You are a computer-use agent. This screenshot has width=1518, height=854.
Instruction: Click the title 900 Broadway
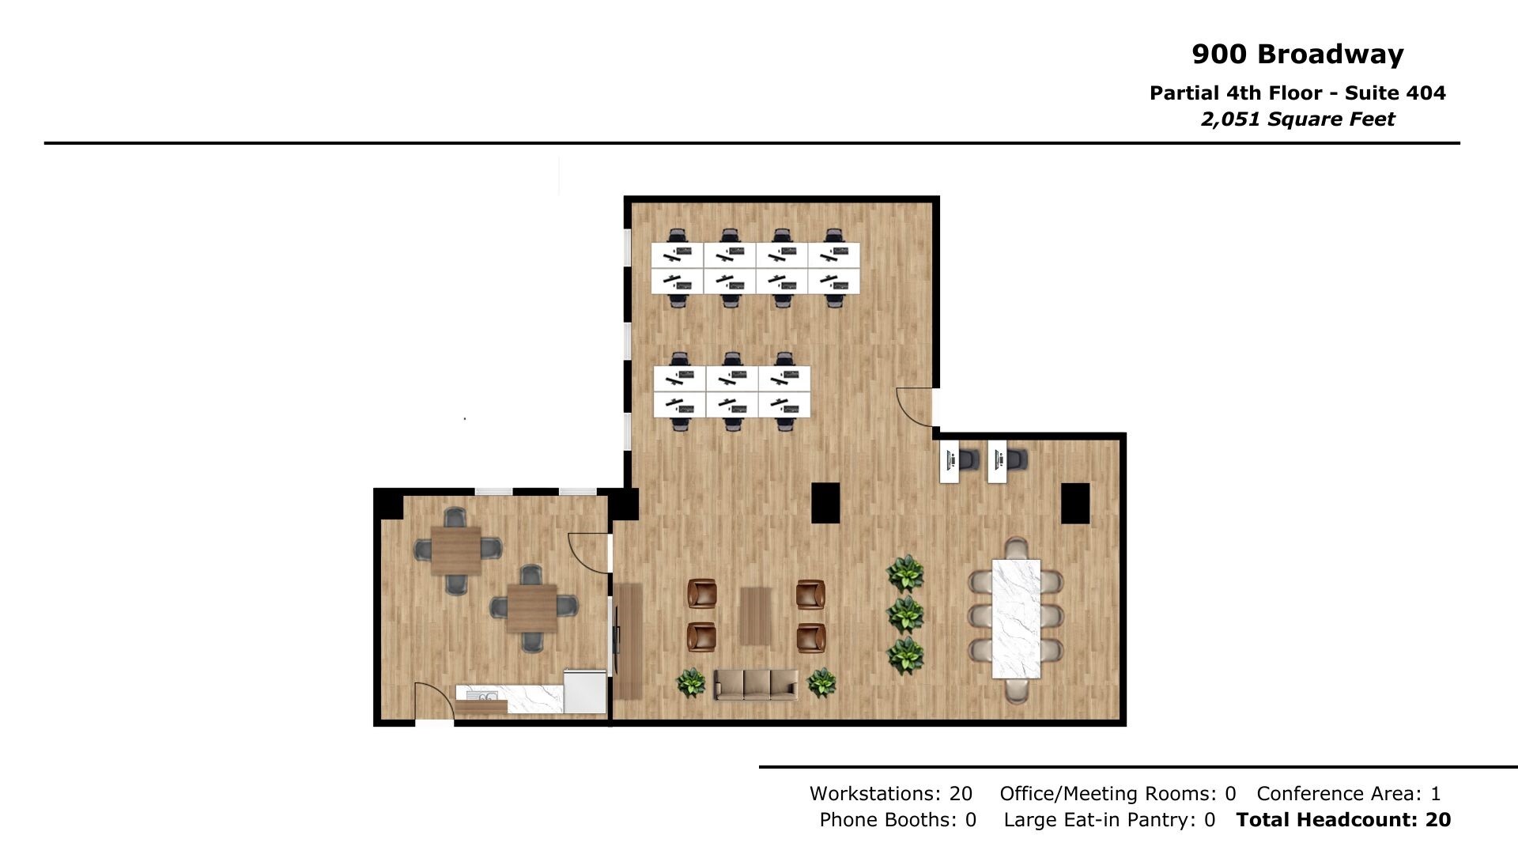click(x=1297, y=54)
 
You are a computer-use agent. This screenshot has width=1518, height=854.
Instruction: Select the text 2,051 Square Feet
click(x=1297, y=119)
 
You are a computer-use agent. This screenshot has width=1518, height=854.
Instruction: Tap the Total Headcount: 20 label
click(x=1343, y=820)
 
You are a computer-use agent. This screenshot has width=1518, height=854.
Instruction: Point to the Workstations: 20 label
click(x=890, y=793)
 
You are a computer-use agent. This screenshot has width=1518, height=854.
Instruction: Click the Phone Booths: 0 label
click(x=897, y=820)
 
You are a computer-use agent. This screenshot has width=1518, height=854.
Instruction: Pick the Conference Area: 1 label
click(x=1348, y=793)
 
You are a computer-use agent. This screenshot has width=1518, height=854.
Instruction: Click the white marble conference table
click(x=1016, y=619)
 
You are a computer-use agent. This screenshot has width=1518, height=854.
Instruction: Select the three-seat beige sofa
click(x=755, y=684)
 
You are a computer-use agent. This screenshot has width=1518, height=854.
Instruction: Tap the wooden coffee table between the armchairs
click(x=756, y=616)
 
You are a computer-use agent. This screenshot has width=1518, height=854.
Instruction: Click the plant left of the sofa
click(x=691, y=683)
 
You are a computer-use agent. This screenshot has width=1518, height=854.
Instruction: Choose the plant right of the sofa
click(x=821, y=683)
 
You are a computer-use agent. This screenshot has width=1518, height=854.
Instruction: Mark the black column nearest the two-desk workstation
click(x=1074, y=504)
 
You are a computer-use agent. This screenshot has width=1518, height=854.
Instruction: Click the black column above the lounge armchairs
click(x=825, y=503)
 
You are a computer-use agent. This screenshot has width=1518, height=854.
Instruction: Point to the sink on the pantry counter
click(x=481, y=697)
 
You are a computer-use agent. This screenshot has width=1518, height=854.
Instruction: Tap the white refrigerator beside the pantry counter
click(x=585, y=691)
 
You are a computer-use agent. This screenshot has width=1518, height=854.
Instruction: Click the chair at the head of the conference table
click(x=1016, y=547)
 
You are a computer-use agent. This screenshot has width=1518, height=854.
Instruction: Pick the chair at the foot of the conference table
click(x=1016, y=690)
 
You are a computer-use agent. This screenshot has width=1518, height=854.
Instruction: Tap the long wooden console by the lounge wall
click(x=629, y=641)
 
